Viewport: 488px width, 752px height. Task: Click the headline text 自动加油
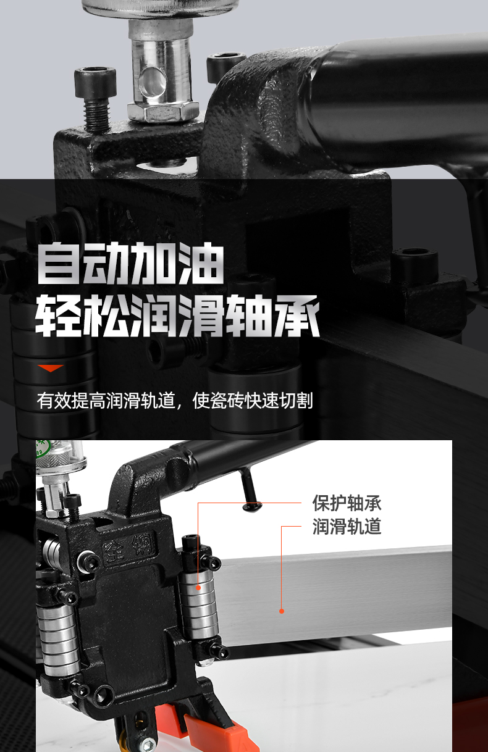130,263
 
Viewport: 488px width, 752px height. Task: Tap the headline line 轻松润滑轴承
177,315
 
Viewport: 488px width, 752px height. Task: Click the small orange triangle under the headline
51,368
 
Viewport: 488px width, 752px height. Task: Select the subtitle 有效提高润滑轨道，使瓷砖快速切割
175,400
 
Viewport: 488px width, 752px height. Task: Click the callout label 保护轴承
347,503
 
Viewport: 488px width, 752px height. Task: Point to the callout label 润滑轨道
347,526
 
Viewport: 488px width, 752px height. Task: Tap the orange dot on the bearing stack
198,588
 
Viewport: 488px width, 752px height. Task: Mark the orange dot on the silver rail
282,611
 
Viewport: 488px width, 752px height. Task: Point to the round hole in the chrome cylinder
152,81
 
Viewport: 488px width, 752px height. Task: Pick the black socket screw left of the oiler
96,98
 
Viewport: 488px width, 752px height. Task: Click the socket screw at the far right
415,265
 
